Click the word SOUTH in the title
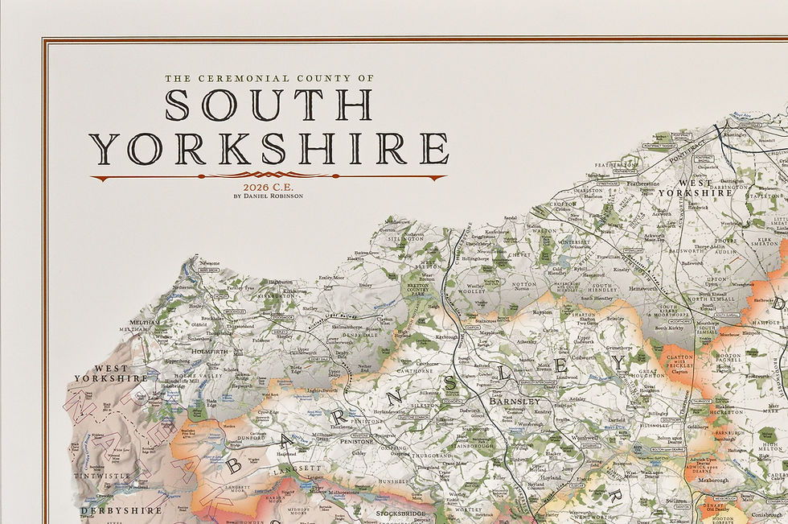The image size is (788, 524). pyautogui.click(x=269, y=105)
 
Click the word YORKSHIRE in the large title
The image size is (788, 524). pyautogui.click(x=269, y=150)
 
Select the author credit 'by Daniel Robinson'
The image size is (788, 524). pyautogui.click(x=269, y=196)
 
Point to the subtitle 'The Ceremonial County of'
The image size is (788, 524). pyautogui.click(x=269, y=79)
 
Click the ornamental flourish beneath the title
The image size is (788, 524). pyautogui.click(x=269, y=175)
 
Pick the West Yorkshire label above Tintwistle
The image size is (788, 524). pyautogui.click(x=112, y=372)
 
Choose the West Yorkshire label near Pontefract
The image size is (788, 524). pyautogui.click(x=695, y=187)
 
